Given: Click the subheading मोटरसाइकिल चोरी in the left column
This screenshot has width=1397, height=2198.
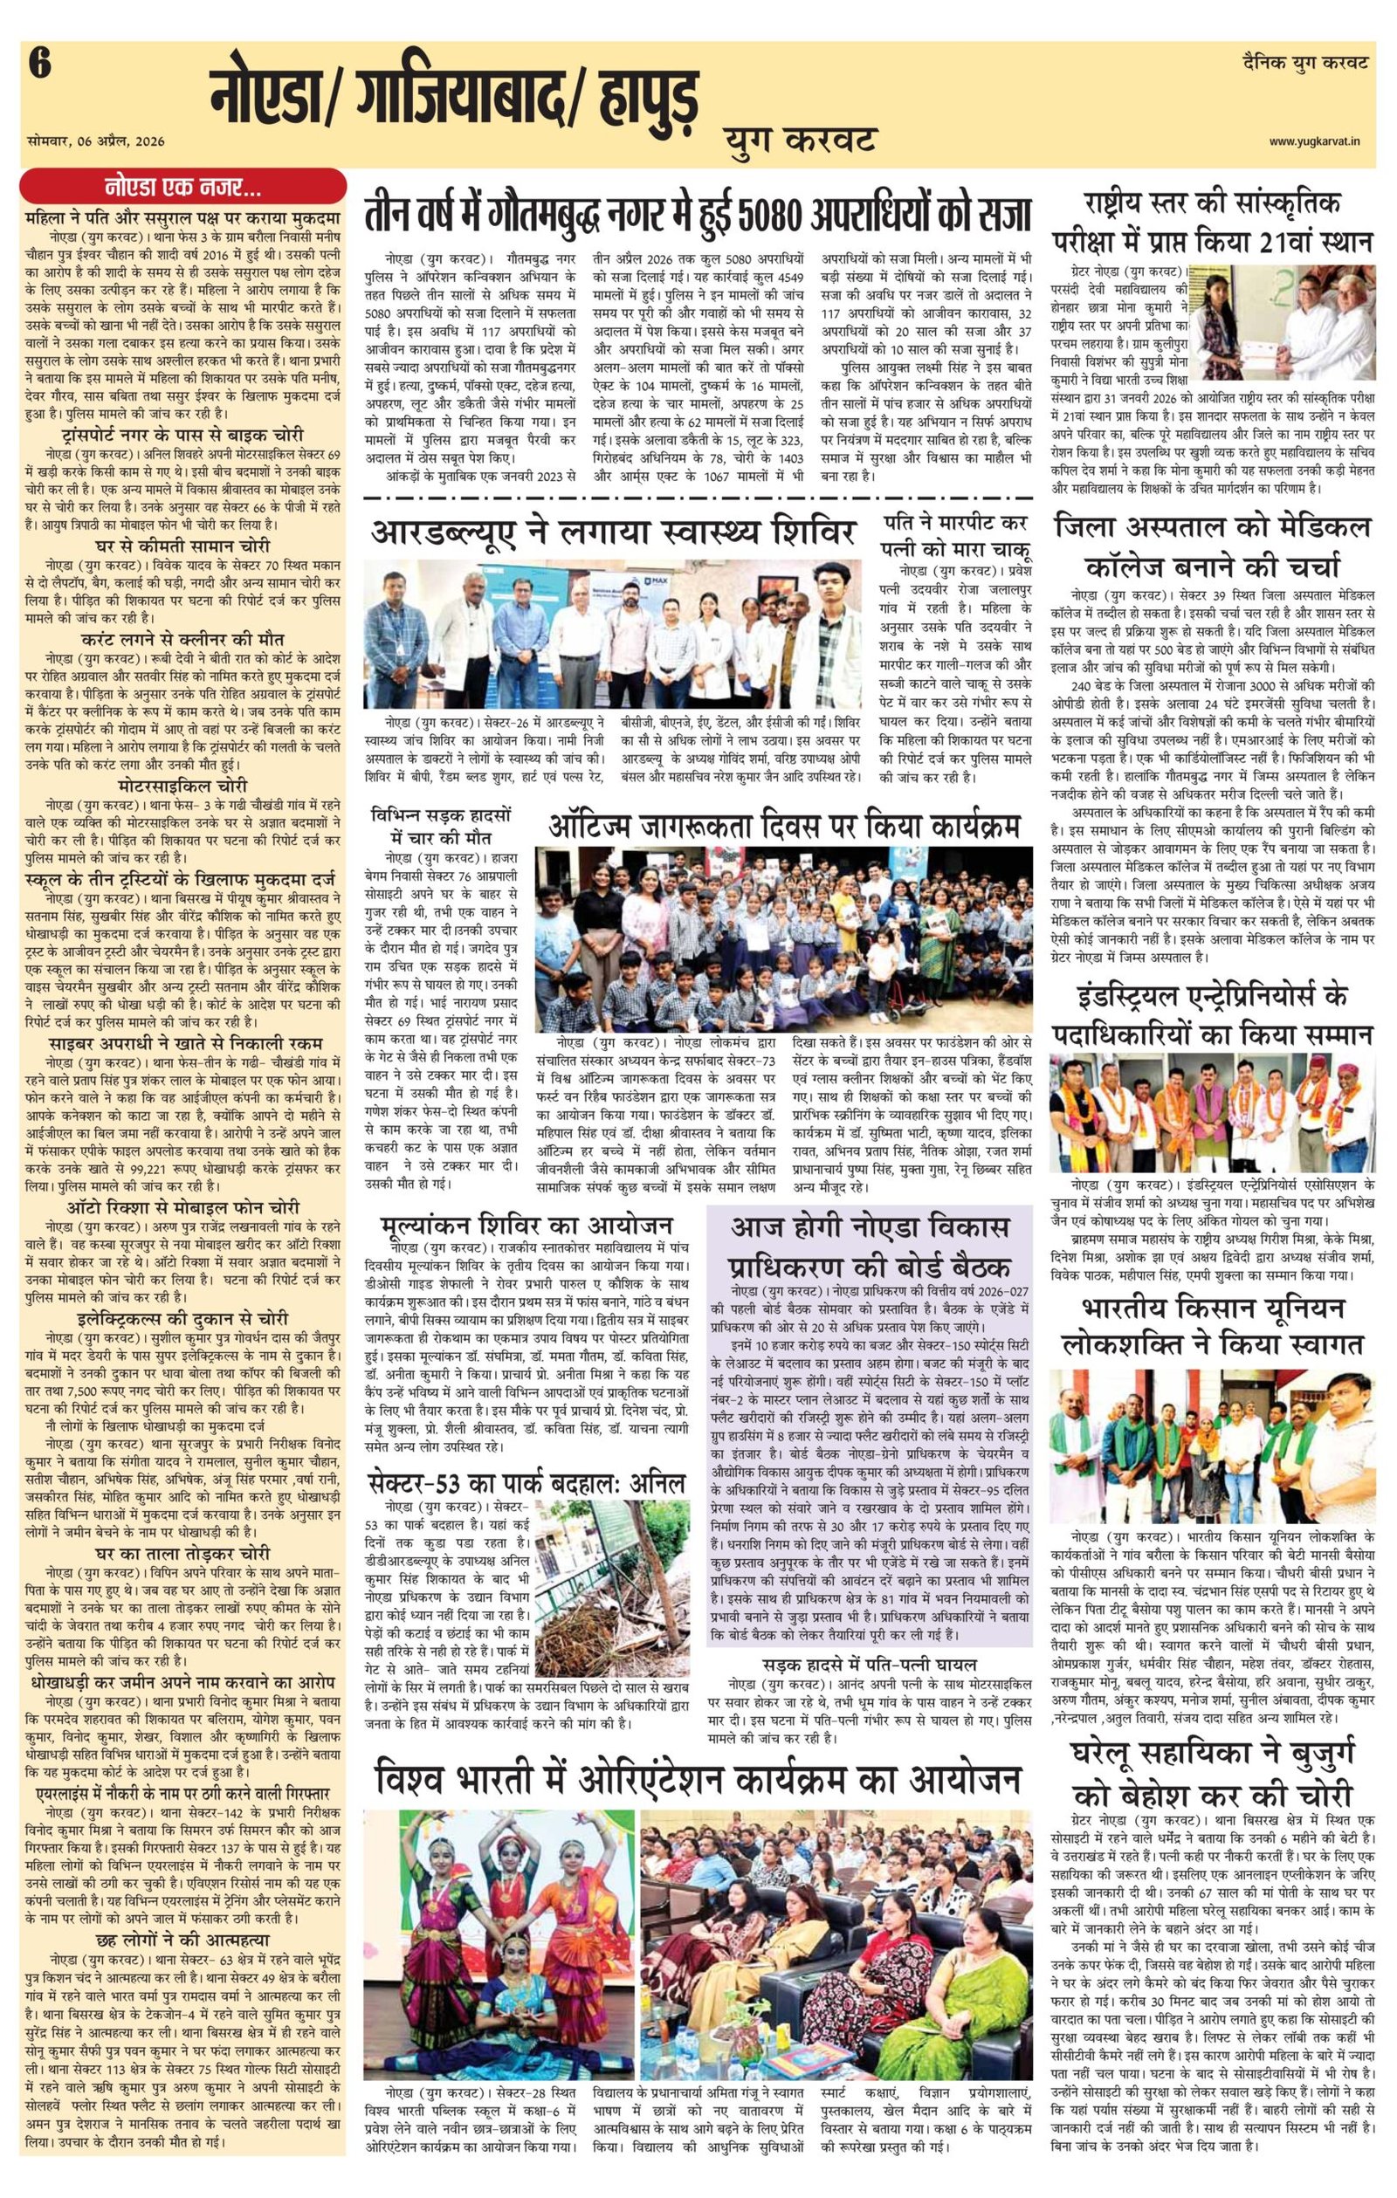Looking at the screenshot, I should (x=182, y=786).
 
